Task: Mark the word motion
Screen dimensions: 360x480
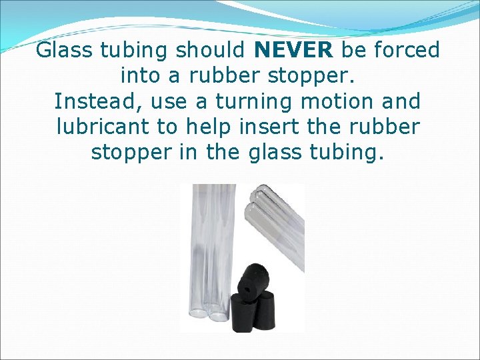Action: coord(345,101)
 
